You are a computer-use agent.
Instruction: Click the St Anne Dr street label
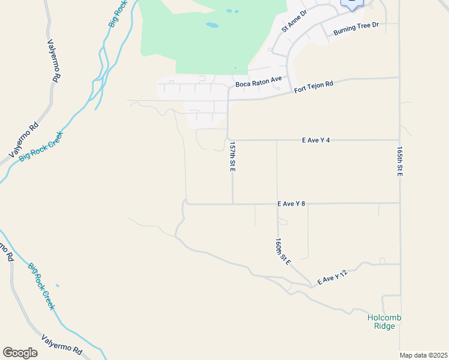click(x=294, y=22)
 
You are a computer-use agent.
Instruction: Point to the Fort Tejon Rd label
click(x=313, y=88)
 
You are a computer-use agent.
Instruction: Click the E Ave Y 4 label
click(x=316, y=140)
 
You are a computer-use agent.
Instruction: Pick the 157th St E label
click(x=232, y=157)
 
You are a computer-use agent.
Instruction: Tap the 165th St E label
click(x=399, y=162)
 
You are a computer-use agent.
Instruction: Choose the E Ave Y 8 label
click(x=292, y=203)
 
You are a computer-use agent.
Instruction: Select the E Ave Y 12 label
click(x=333, y=278)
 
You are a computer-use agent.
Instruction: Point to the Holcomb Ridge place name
click(x=384, y=322)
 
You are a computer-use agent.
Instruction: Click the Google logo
click(x=20, y=352)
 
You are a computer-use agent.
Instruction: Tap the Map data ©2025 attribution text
click(x=424, y=355)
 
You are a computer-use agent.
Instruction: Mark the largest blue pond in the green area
click(x=212, y=25)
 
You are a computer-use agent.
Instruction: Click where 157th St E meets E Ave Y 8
click(x=233, y=203)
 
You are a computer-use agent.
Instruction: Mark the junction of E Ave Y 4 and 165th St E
click(x=399, y=140)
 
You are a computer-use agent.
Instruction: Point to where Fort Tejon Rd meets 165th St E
click(x=399, y=77)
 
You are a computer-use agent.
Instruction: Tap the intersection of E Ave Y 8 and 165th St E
click(x=399, y=203)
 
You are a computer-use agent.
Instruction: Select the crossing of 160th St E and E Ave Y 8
click(x=277, y=203)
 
